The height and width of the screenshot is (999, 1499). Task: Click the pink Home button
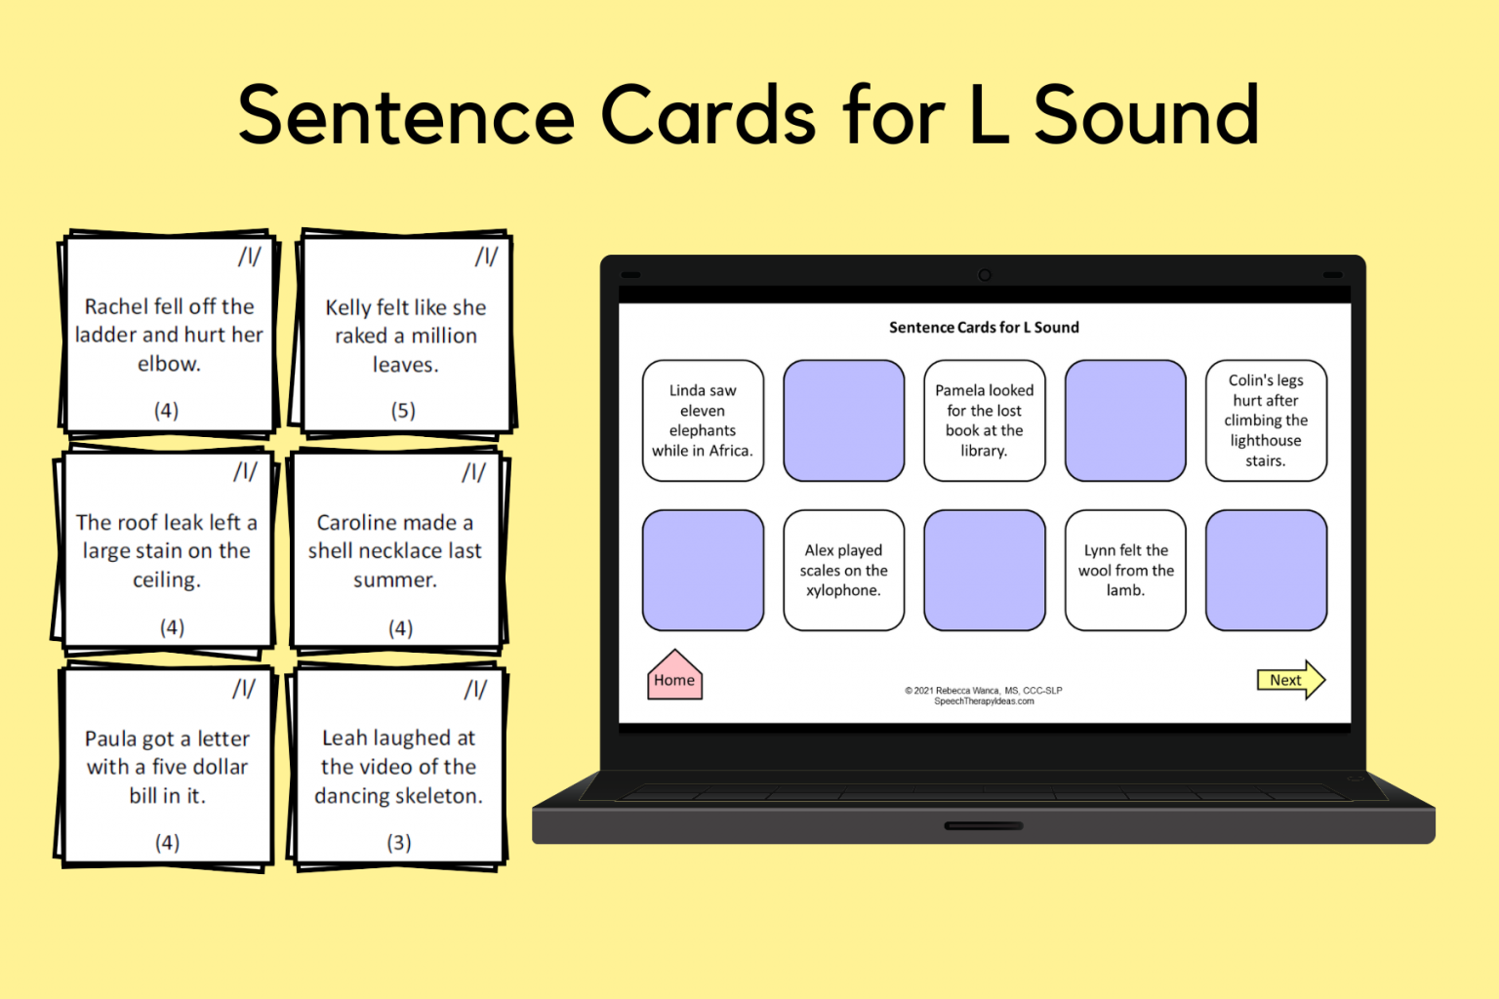pyautogui.click(x=674, y=678)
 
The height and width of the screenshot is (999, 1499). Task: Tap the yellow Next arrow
pyautogui.click(x=1289, y=680)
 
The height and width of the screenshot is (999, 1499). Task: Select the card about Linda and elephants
pyautogui.click(x=703, y=420)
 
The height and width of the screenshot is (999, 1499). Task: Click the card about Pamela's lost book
pyautogui.click(x=984, y=420)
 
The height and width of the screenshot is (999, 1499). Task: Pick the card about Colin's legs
pyautogui.click(x=1266, y=420)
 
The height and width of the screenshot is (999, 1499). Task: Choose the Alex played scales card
pyautogui.click(x=843, y=571)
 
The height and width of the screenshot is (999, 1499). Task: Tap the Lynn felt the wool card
pyautogui.click(x=1125, y=571)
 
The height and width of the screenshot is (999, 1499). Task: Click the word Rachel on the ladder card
pyautogui.click(x=119, y=306)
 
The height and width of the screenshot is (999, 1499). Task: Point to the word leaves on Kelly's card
pyautogui.click(x=405, y=365)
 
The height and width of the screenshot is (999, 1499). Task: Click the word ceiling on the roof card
pyautogui.click(x=167, y=580)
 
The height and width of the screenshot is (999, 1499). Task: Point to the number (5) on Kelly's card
pyautogui.click(x=403, y=411)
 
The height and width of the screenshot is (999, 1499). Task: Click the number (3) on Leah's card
pyautogui.click(x=398, y=843)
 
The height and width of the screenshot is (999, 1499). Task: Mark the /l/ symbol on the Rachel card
pyautogui.click(x=249, y=257)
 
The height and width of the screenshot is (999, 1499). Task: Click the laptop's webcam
pyautogui.click(x=985, y=275)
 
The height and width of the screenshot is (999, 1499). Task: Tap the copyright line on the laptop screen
pyautogui.click(x=983, y=691)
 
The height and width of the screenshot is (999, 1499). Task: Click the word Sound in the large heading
pyautogui.click(x=1146, y=115)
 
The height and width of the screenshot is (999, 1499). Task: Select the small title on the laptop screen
pyautogui.click(x=984, y=328)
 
